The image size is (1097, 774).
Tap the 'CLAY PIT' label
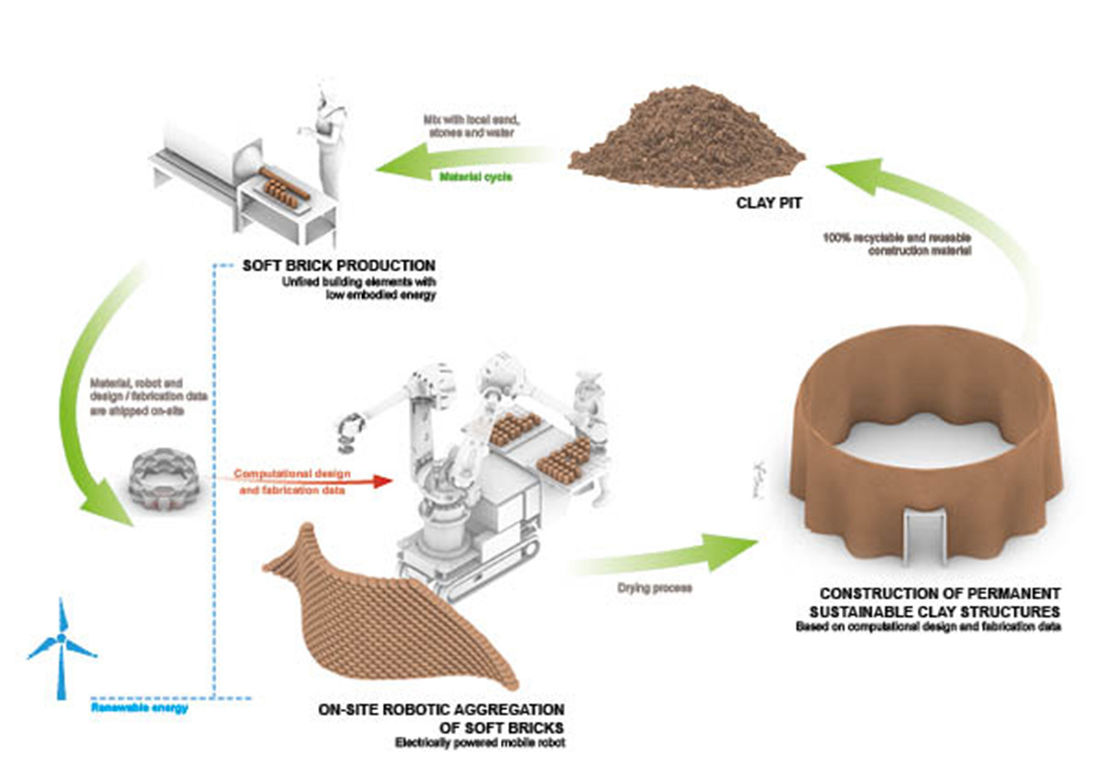[x=770, y=203]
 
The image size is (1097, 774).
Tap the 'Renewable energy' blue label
[x=139, y=706]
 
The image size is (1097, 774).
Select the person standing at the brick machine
[x=327, y=137]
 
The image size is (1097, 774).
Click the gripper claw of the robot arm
[x=350, y=431]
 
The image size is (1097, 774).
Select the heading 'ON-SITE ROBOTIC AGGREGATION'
[x=441, y=709]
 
